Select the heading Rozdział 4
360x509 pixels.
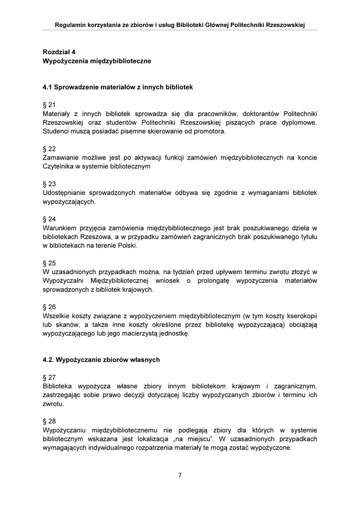click(59, 52)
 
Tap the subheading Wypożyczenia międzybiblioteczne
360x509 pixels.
click(97, 61)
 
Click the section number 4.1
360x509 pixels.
click(48, 87)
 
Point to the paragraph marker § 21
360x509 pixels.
click(49, 105)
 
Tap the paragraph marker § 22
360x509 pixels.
click(49, 149)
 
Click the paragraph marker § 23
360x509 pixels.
click(49, 184)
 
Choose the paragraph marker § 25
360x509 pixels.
click(49, 263)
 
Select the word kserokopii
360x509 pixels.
click(300, 316)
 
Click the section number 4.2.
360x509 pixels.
click(49, 359)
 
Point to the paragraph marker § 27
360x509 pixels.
click(49, 377)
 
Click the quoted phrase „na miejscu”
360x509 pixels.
click(199, 439)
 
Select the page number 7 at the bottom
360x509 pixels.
click(180, 475)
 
